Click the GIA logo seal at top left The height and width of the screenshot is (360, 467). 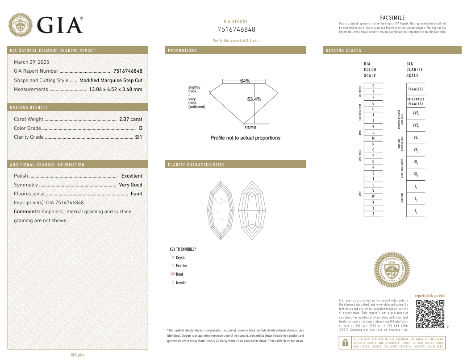pos(21,25)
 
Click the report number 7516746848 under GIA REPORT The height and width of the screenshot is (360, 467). pos(236,29)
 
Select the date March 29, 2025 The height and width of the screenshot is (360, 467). pos(31,62)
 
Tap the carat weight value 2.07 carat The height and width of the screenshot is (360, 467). pos(131,119)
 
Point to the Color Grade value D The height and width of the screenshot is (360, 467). pos(141,128)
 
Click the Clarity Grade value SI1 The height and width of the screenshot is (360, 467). pos(138,137)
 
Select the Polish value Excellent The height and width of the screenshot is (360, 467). pos(132,176)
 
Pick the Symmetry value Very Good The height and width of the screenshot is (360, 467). pos(130,185)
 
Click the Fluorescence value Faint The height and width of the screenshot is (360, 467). pos(136,194)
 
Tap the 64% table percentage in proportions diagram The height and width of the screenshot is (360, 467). pos(245,81)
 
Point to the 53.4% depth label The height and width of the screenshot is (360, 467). pos(254,99)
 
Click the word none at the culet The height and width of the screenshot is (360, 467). pos(250,127)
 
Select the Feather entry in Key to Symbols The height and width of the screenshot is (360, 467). pos(181,266)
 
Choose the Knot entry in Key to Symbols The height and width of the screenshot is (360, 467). pos(179,274)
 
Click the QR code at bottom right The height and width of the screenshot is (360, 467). pos(430,314)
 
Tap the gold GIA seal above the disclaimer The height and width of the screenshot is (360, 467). pos(391,270)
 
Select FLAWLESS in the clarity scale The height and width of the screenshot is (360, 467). pos(415,89)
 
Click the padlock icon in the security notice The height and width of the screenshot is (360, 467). pos(345,343)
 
